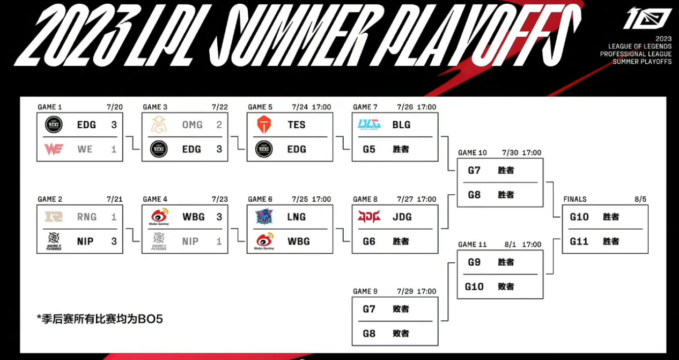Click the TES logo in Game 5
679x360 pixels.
264,124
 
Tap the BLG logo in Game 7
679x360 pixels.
369,124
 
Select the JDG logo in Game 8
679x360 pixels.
369,217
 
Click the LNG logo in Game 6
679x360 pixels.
264,217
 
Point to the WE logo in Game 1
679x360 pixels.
54,149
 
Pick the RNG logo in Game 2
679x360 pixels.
54,217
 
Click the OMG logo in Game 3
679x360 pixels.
159,124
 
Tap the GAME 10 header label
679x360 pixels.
473,152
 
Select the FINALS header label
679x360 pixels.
575,199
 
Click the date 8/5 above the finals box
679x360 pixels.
640,199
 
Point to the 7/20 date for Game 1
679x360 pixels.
115,107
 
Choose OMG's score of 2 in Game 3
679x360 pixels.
219,124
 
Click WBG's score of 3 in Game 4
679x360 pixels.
219,217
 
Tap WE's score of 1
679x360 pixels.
114,149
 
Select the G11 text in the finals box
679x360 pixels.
579,241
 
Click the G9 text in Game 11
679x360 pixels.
474,262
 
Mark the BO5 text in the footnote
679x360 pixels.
150,319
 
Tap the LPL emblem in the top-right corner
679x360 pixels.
647,18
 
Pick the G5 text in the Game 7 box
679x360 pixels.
369,149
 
